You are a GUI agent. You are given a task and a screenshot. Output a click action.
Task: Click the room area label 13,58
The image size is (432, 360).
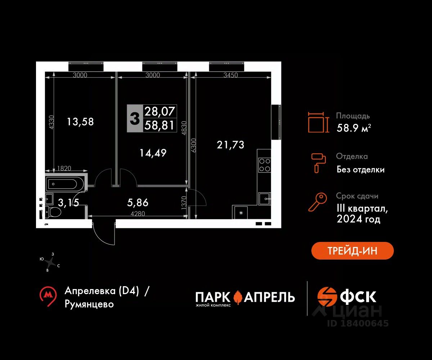(80, 122)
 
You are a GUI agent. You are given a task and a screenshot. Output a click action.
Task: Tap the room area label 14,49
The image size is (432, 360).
(153, 153)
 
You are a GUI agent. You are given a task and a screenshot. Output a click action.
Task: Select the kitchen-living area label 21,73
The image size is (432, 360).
(230, 145)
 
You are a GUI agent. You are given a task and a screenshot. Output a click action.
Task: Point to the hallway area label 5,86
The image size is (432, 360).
(138, 203)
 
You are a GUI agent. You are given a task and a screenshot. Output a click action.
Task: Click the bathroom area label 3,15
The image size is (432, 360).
(68, 203)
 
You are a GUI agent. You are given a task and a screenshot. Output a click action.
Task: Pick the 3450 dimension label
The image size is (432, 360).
(230, 75)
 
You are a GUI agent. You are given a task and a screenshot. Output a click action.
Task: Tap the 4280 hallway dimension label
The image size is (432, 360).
(138, 213)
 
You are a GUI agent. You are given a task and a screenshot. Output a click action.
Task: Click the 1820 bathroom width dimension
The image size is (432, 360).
(64, 168)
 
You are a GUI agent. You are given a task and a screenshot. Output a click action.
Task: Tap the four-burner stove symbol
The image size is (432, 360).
(265, 165)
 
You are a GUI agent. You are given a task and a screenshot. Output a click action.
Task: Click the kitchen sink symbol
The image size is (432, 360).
(264, 199)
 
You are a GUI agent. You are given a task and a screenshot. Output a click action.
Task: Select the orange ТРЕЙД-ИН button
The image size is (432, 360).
(352, 251)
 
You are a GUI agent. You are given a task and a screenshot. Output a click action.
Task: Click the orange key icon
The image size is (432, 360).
(318, 202)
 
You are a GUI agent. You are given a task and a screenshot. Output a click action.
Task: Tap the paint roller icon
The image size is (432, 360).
(318, 163)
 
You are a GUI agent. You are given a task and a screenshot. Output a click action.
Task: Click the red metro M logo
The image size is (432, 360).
(48, 296)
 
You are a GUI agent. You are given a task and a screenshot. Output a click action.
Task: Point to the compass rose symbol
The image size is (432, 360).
(50, 262)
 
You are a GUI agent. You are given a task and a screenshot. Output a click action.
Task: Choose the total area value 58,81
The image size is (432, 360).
(159, 125)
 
